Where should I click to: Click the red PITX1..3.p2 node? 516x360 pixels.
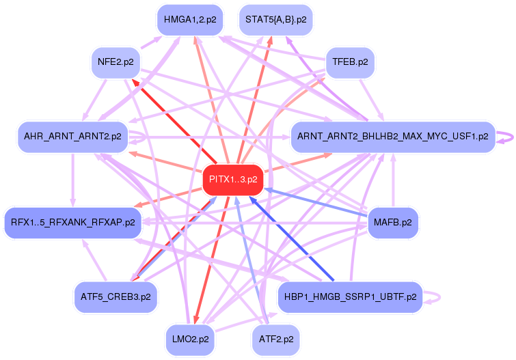[x=233, y=180]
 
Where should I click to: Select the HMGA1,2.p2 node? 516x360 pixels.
[x=189, y=20]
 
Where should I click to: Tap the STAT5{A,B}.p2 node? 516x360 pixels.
[x=275, y=20]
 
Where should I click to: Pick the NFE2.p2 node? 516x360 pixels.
[x=116, y=62]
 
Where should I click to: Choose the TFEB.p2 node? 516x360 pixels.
[x=350, y=62]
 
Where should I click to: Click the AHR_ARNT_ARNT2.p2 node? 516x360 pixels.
[x=72, y=137]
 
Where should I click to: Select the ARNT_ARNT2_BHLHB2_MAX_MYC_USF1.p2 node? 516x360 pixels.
[x=393, y=137]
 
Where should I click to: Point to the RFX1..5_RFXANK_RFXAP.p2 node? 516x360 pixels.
[x=72, y=223]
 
